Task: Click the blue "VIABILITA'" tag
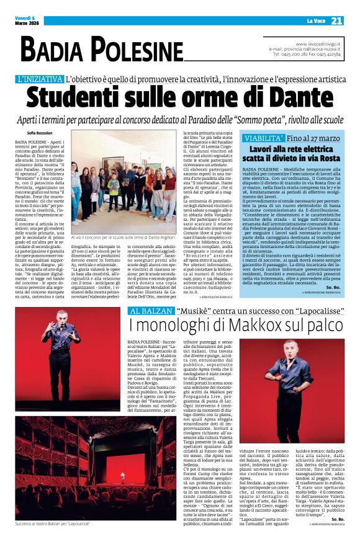pos(264,137)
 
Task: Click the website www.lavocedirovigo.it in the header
pos(318,43)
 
